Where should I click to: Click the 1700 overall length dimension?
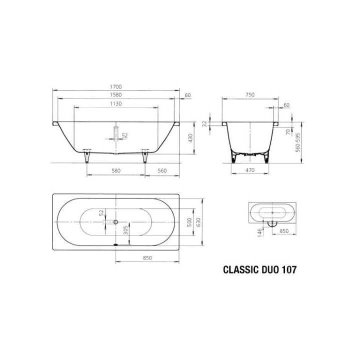point(115,86)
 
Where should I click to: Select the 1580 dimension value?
point(115,94)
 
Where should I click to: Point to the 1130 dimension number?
point(115,103)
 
